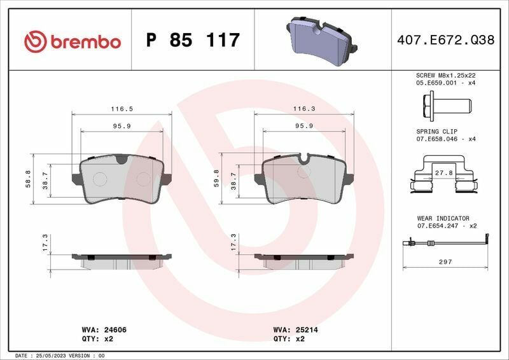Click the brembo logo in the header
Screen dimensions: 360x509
[x=72, y=41]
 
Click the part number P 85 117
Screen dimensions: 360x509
[x=193, y=41]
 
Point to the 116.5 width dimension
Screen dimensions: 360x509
[x=122, y=109]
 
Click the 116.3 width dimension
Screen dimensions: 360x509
[x=304, y=109]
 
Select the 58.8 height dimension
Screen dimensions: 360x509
[x=27, y=179]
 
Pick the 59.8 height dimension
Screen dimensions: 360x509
[x=217, y=179]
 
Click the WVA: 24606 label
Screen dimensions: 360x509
[x=106, y=330]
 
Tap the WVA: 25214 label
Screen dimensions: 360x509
[x=296, y=330]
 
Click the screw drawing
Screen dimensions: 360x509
[x=445, y=103]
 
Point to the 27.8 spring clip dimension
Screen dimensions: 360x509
[x=443, y=172]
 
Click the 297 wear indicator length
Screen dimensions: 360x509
[x=446, y=261]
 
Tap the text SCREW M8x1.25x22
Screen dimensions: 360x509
[x=446, y=75]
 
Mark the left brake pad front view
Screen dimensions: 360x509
[x=122, y=179]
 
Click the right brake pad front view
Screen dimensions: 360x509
[x=304, y=179]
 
